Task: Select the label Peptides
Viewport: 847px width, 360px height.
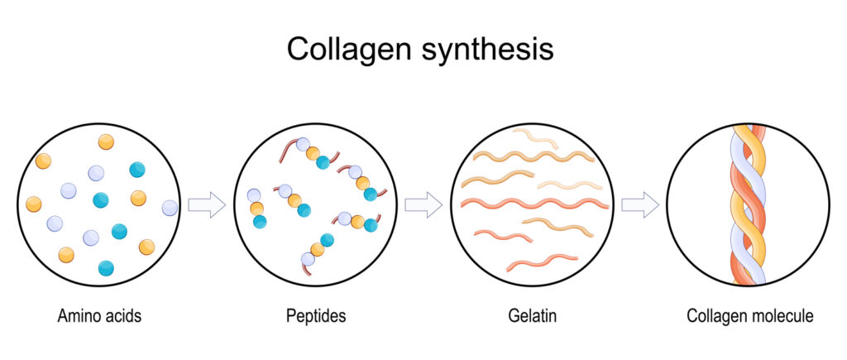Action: pos(315,315)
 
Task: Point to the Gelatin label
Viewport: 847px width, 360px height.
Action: pos(531,315)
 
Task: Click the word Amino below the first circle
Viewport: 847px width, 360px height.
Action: pos(79,315)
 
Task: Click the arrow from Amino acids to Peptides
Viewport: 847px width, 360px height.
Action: pos(207,204)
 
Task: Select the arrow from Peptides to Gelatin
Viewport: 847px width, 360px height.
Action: pos(423,204)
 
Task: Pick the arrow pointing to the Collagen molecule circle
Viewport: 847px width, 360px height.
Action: pos(639,204)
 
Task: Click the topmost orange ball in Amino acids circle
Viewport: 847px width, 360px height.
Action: pos(106,142)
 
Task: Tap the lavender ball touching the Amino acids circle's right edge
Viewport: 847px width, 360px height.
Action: pos(170,208)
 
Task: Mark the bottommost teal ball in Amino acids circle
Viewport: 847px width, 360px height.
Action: pos(106,267)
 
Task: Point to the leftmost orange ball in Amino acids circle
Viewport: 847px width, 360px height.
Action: pos(34,203)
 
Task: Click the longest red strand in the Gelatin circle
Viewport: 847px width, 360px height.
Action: pos(534,203)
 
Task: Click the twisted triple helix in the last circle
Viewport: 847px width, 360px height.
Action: pos(747,204)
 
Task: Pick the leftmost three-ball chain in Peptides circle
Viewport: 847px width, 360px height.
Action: pos(256,208)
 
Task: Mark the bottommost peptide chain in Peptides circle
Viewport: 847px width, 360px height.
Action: pos(317,249)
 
